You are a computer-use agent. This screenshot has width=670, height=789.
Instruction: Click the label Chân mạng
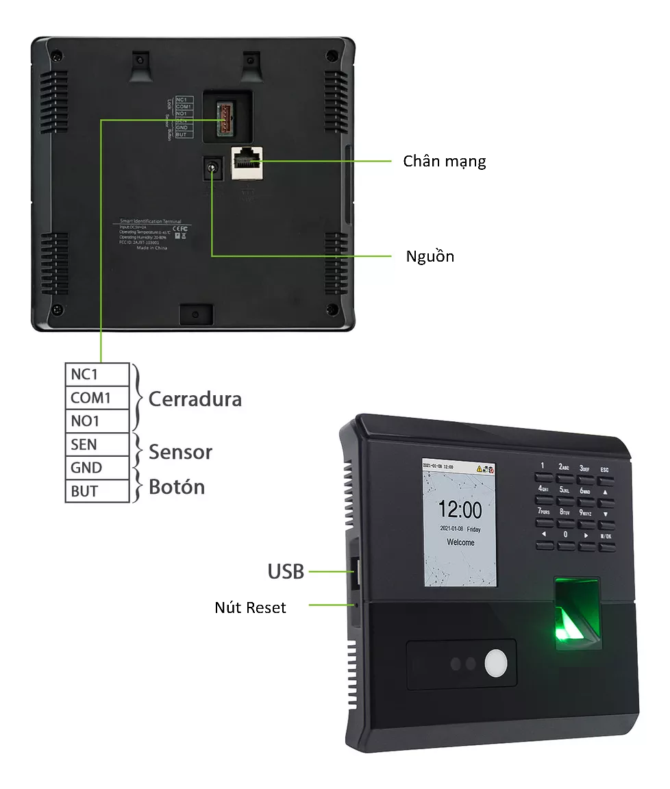coord(444,162)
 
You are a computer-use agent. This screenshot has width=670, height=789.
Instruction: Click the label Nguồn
coord(430,257)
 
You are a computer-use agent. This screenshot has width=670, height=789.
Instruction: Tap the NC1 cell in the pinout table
coord(85,375)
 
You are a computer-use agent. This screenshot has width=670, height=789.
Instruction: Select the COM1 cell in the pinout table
coord(90,398)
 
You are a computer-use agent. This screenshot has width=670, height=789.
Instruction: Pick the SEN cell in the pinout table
coord(84,444)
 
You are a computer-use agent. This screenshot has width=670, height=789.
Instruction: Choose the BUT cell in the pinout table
coord(84,491)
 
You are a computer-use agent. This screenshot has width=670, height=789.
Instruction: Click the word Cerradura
coord(195,399)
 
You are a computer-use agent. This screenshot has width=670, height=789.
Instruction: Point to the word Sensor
coord(180,452)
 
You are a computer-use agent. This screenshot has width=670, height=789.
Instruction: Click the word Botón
coord(176,487)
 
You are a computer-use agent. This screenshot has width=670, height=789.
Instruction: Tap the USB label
coord(285,571)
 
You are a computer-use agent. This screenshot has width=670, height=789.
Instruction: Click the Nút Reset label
coord(250,608)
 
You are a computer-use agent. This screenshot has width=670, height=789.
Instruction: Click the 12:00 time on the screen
coord(460,510)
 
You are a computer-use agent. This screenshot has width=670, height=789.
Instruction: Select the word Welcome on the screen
coord(460,542)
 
